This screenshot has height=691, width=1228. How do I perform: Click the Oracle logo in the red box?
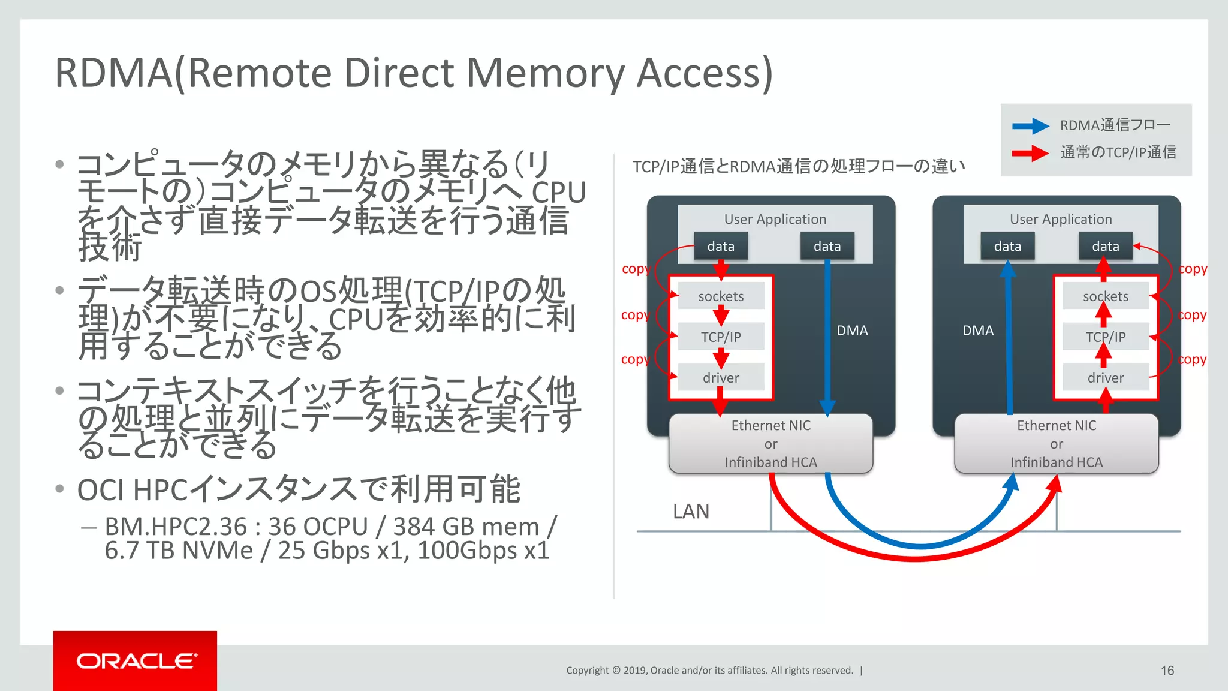(x=136, y=661)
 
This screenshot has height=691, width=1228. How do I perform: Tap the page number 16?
(x=1167, y=671)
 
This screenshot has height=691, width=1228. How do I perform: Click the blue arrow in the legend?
(x=1030, y=126)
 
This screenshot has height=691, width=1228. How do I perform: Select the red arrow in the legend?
(x=1030, y=153)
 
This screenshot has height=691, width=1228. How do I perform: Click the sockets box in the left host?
(x=721, y=296)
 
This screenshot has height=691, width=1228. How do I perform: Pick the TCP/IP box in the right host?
(x=1105, y=337)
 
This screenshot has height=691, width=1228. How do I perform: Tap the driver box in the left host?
(x=721, y=378)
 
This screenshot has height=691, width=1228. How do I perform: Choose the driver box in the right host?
(x=1105, y=378)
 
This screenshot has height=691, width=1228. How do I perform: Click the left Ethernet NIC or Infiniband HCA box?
(x=770, y=444)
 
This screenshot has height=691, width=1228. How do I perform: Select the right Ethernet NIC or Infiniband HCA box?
(x=1056, y=444)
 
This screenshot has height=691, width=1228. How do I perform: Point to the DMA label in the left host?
(x=852, y=331)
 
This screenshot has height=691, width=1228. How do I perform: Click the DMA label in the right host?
(x=978, y=331)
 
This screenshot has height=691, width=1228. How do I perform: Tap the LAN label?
(x=691, y=512)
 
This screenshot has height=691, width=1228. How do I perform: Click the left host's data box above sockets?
(x=721, y=247)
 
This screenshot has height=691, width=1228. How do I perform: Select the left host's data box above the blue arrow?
(x=827, y=247)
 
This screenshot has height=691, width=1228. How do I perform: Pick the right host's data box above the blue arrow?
(x=1007, y=247)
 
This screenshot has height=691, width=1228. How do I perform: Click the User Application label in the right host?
(x=1061, y=220)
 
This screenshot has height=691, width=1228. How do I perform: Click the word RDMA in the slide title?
(x=114, y=73)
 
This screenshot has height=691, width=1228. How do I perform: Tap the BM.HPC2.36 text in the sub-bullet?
(x=175, y=527)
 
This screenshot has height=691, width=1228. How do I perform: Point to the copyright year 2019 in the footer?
(x=635, y=671)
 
